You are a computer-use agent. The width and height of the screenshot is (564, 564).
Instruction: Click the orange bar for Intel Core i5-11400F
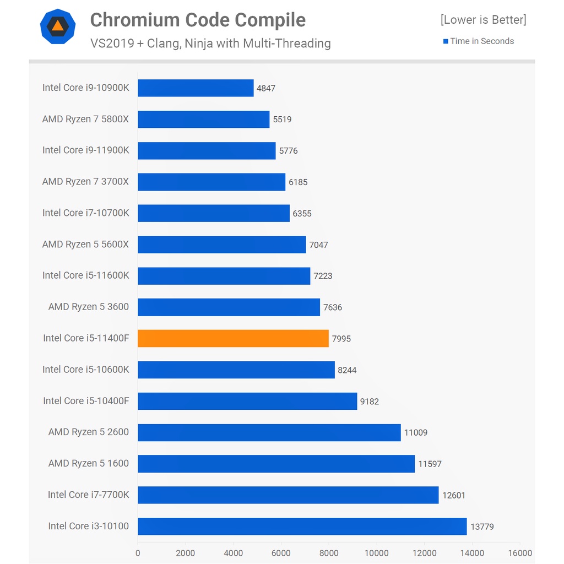pos(233,338)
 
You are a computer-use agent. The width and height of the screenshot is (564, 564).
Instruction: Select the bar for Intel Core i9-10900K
pos(196,88)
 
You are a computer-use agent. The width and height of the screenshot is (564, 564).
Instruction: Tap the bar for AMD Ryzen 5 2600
pos(269,432)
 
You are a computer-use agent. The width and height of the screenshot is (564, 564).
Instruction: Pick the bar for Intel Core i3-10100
pos(302,527)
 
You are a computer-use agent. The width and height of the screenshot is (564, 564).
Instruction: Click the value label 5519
pos(282,120)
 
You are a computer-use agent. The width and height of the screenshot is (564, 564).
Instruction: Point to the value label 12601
pos(453,495)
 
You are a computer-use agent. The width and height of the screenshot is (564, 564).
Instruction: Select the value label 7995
pos(341,339)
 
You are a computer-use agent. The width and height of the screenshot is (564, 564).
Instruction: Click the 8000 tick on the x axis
pos(329,553)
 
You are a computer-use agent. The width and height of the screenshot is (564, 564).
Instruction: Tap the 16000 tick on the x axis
pos(520,553)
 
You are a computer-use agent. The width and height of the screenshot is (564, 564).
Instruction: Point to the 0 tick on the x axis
pos(138,553)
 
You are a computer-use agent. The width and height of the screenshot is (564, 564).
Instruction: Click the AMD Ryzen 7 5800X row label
pos(85,119)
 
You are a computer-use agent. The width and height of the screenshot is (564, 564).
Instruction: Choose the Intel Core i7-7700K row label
pos(88,495)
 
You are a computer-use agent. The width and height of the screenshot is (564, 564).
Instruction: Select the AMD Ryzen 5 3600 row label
pos(88,307)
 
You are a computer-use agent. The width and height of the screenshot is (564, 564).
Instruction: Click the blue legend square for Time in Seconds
pos(446,41)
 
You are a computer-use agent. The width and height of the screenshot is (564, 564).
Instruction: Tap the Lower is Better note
pos(483,20)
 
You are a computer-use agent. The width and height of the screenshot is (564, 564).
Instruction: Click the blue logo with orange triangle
pos(57,27)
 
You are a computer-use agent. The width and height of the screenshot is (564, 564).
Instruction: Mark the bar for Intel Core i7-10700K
pos(214,213)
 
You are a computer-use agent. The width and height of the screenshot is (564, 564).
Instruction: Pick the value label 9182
pos(370,402)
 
